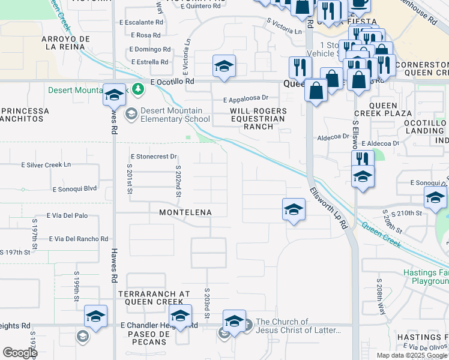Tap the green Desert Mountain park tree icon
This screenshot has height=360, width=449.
(x=139, y=89)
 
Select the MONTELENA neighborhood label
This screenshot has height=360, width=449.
(x=185, y=212)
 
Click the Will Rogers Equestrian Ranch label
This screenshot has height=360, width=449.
(x=258, y=119)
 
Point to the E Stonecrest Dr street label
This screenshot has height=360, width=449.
(x=152, y=157)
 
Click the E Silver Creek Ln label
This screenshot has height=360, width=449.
(x=46, y=164)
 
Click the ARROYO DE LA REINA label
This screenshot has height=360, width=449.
(x=65, y=43)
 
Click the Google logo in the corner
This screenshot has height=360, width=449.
(x=20, y=353)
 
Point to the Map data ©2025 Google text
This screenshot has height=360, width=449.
(x=412, y=355)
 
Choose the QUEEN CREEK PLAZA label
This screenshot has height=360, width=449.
(x=391, y=109)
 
